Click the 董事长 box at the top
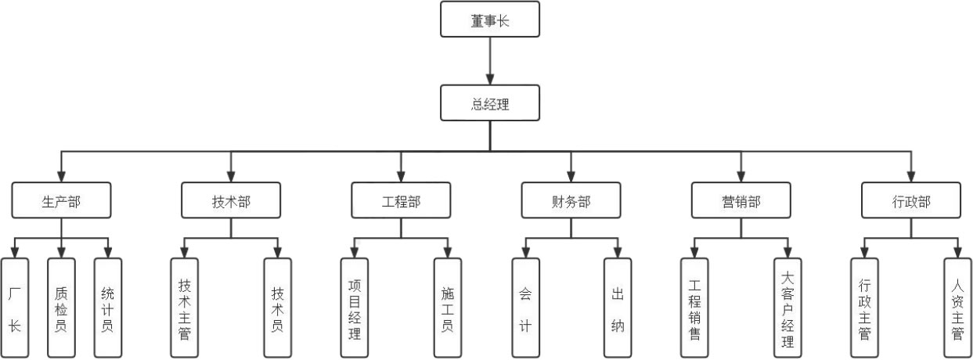490,20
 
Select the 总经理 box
490,103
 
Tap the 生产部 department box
61,200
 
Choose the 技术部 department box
231,200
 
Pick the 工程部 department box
401,200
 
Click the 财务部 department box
571,200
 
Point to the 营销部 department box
741,200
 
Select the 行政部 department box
911,200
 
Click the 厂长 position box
15,308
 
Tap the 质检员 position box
61,308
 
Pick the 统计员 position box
107,308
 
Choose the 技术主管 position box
185,308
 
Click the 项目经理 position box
355,308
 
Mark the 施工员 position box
447,308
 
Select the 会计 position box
524,308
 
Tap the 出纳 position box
617,308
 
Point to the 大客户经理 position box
787,308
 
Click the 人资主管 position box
957,308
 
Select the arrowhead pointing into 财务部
571,176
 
